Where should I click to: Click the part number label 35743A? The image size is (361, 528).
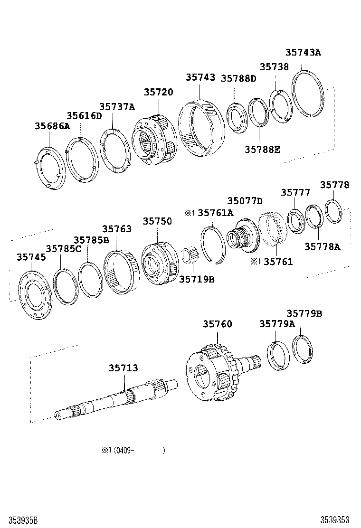[303, 53]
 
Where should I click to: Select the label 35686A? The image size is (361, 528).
[52, 126]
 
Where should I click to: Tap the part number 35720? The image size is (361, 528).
[159, 92]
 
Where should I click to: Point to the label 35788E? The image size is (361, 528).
[262, 150]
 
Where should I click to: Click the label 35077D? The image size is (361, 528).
[245, 201]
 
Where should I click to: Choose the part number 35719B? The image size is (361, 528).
[197, 279]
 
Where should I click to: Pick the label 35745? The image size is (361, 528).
[31, 257]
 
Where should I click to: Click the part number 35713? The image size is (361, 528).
[123, 368]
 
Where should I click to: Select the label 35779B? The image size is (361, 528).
[304, 313]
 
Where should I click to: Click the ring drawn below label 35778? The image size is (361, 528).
[333, 212]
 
